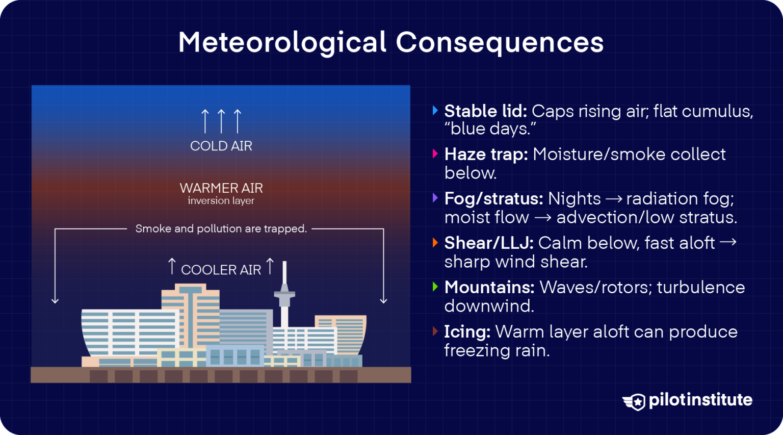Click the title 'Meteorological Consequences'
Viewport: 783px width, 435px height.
(390, 42)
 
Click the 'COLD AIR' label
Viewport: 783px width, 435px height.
(221, 146)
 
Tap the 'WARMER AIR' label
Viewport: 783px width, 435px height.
(221, 188)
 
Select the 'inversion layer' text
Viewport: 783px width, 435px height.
(221, 201)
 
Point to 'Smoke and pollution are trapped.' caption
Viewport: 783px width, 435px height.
(221, 228)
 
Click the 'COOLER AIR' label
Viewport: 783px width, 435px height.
(221, 270)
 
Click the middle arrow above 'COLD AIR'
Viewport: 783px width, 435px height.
(221, 121)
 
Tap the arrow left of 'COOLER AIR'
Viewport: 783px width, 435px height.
(172, 266)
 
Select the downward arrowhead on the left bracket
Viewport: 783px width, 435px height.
(55, 300)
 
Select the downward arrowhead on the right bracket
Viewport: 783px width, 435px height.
(383, 300)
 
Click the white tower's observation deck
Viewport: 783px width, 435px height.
(284, 295)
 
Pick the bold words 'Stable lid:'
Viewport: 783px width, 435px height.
(485, 111)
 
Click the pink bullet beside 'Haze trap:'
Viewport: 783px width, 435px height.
(435, 153)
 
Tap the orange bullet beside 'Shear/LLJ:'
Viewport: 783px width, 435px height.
(435, 242)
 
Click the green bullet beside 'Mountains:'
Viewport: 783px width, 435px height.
(435, 287)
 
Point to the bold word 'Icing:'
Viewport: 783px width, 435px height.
(467, 331)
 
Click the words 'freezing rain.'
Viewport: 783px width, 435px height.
(497, 350)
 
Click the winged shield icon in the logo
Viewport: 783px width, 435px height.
(635, 401)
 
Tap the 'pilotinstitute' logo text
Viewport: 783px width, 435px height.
(700, 400)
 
